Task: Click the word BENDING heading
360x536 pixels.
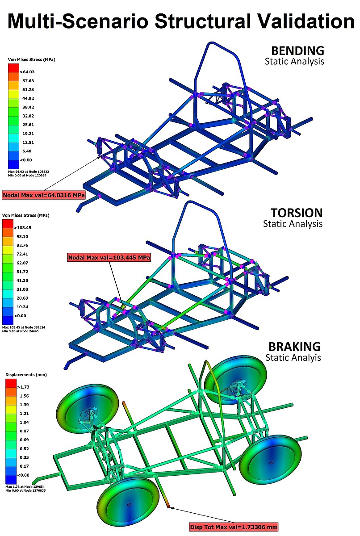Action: [297, 51]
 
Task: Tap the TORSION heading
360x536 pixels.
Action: [297, 213]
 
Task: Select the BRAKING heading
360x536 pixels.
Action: [294, 347]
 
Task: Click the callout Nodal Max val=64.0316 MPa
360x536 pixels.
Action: [44, 195]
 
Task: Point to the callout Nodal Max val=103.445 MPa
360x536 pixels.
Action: [109, 257]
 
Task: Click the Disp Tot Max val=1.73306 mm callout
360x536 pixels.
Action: [234, 527]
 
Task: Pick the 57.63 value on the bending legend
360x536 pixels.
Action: [28, 81]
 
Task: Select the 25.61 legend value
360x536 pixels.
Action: [28, 125]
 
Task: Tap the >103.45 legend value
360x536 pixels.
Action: [23, 227]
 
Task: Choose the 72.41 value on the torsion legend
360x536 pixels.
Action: [22, 254]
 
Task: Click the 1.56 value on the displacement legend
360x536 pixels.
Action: [24, 396]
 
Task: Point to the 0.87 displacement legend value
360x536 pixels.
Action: [24, 431]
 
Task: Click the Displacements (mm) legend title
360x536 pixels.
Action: [26, 375]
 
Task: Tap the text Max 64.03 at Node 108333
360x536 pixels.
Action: [29, 172]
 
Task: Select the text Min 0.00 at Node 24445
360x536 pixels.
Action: [21, 331]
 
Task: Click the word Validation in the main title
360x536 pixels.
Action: [301, 21]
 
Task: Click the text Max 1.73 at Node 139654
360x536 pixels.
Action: [25, 487]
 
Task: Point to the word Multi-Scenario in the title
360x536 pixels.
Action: [78, 21]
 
